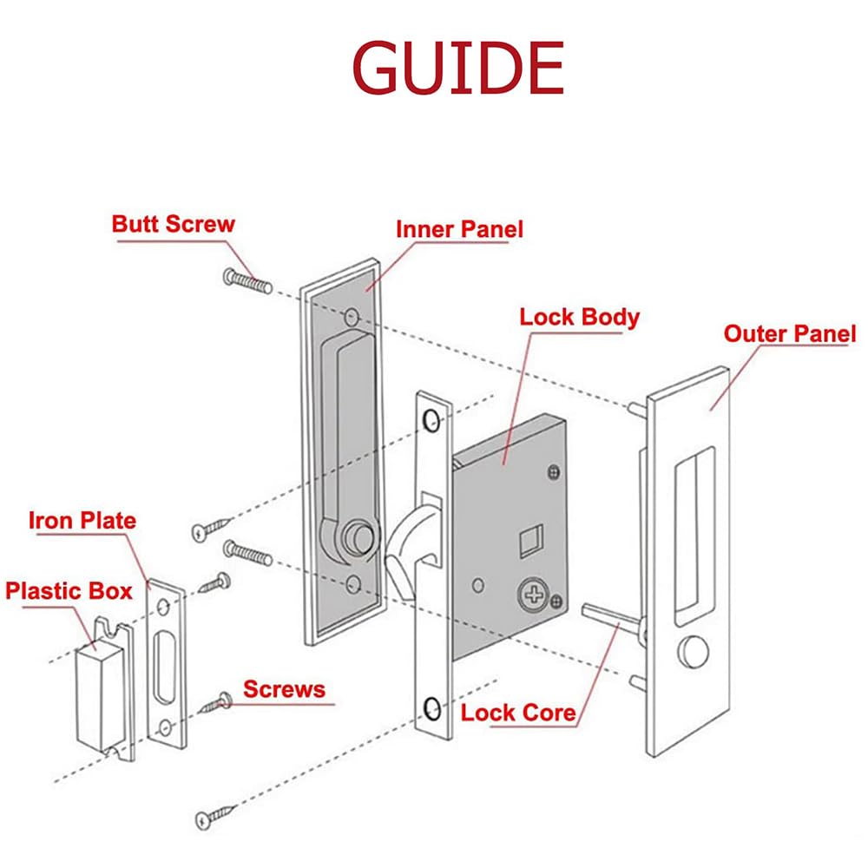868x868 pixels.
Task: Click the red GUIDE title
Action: pyautogui.click(x=457, y=69)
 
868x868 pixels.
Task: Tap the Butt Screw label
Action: pyautogui.click(x=173, y=224)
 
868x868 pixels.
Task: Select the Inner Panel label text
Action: pyautogui.click(x=459, y=229)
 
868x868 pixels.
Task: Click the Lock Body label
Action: pyautogui.click(x=579, y=317)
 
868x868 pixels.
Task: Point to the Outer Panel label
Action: pyautogui.click(x=789, y=334)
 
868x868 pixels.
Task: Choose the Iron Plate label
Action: pyautogui.click(x=82, y=521)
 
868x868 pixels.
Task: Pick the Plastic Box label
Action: pyautogui.click(x=69, y=591)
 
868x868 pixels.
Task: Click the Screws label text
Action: pyautogui.click(x=284, y=690)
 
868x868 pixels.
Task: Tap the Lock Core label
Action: pyautogui.click(x=518, y=713)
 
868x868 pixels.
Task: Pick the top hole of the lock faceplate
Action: pyautogui.click(x=430, y=421)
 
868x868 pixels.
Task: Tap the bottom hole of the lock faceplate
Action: pyautogui.click(x=431, y=710)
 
